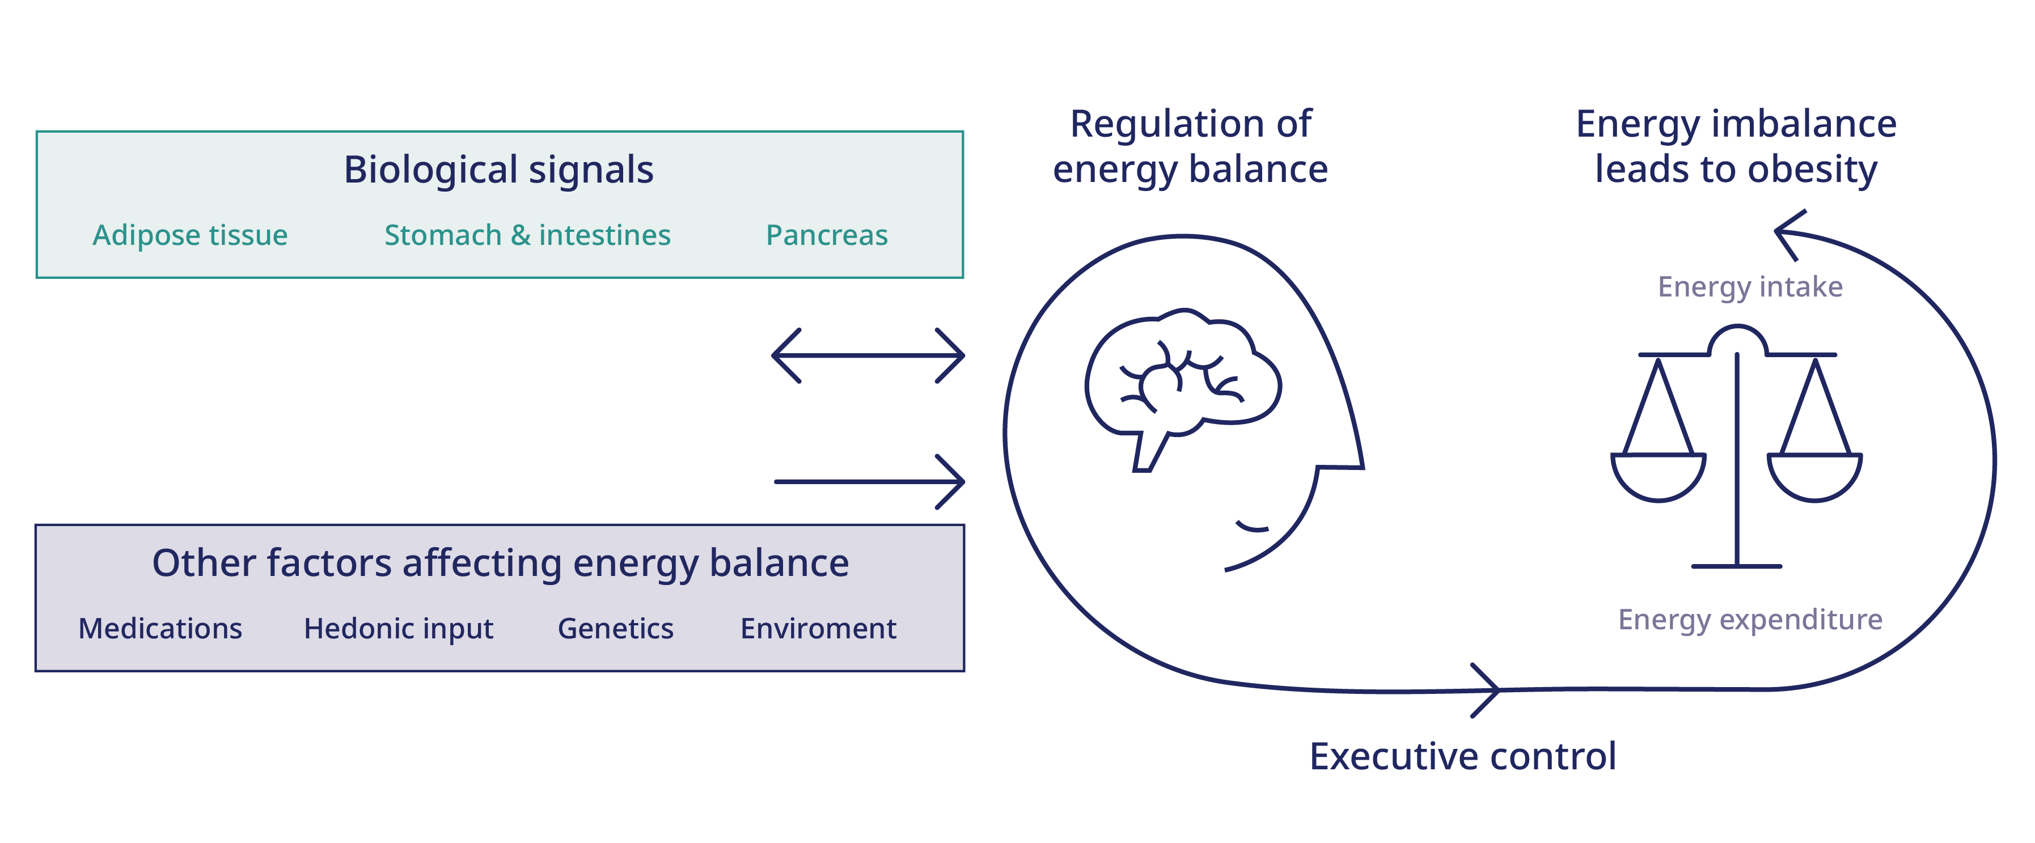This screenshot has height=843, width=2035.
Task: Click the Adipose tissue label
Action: (x=191, y=235)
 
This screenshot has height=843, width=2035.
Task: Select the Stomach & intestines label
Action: (x=528, y=235)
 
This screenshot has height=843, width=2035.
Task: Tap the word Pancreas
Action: (x=827, y=235)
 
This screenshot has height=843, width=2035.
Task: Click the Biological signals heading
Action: (x=498, y=171)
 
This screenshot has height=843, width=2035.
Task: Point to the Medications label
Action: (x=160, y=629)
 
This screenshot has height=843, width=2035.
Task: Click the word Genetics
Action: (x=615, y=629)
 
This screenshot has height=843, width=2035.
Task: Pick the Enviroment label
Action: (x=818, y=629)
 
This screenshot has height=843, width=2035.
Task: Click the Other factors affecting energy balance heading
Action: (x=501, y=564)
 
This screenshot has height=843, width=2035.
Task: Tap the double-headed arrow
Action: (x=868, y=355)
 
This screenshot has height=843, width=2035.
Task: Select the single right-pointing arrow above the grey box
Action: (x=870, y=481)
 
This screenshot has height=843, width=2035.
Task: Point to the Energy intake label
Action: (x=1750, y=287)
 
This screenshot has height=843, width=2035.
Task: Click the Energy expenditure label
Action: (x=1750, y=620)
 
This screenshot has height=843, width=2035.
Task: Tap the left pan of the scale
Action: (x=1658, y=477)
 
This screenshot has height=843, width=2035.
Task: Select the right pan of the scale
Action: (x=1814, y=477)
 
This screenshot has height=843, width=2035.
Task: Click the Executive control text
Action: (x=1463, y=757)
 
